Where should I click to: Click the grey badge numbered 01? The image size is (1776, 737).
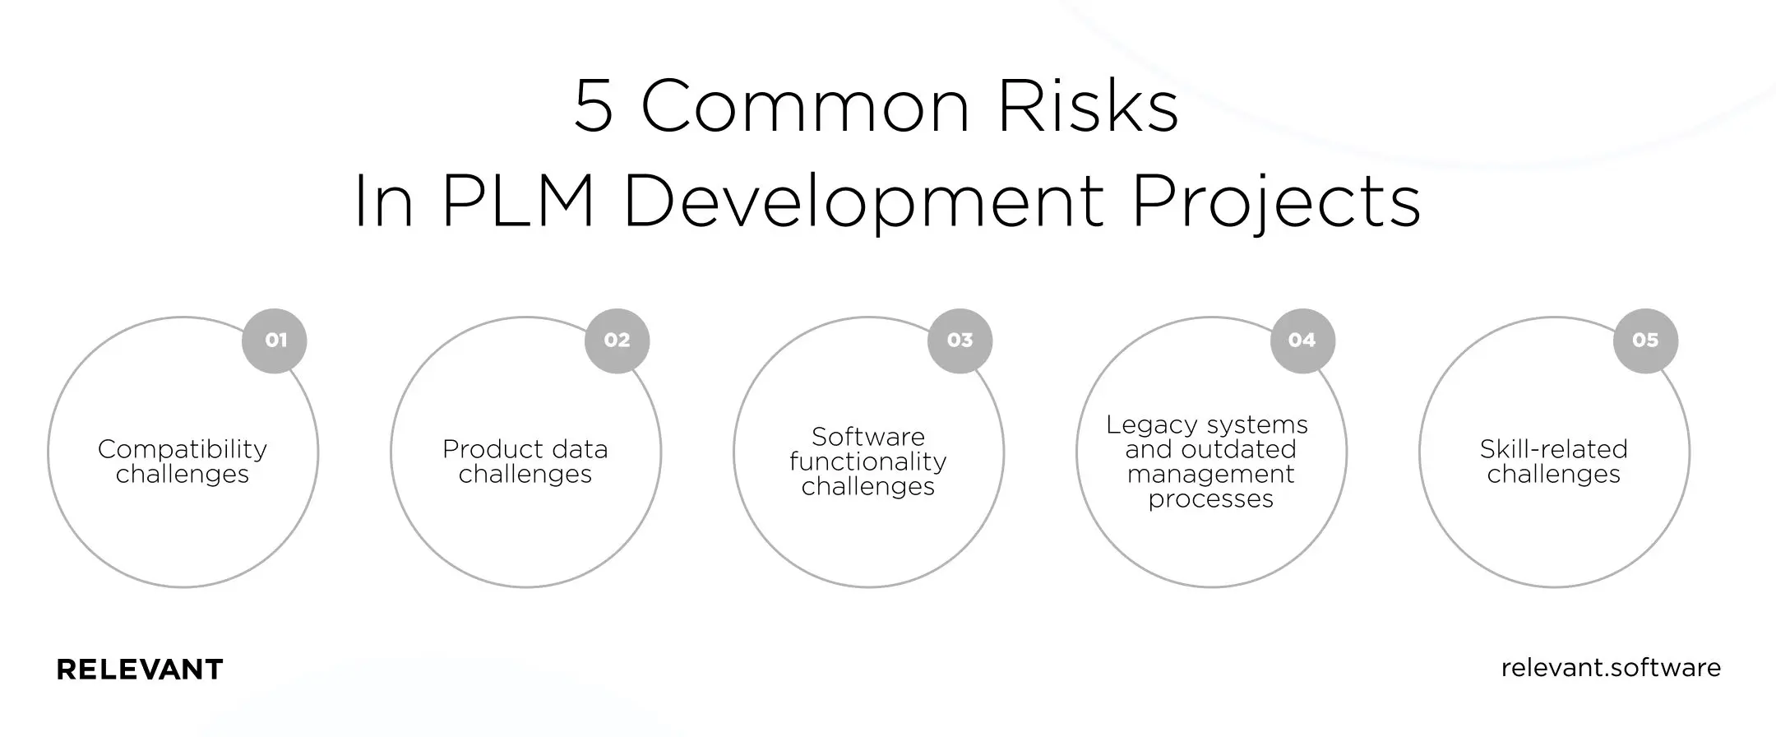275,341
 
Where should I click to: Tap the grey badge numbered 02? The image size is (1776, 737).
617,341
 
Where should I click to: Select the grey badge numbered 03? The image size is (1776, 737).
960,341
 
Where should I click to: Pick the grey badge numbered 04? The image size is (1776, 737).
1302,341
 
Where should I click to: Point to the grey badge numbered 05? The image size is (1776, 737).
1645,341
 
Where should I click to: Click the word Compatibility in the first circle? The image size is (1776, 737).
183,450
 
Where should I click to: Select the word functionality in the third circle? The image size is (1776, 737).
868,462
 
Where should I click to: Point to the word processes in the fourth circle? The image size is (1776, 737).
1211,499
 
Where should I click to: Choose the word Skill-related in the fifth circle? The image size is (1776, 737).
1554,449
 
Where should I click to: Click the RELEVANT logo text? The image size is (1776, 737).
140,670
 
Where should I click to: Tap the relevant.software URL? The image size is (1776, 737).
1611,667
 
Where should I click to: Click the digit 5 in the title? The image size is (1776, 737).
594,107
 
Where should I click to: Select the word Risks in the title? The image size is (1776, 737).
1089,107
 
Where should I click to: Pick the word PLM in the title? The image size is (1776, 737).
518,202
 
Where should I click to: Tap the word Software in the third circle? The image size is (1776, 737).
868,437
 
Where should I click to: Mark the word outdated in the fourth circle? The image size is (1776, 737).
1238,450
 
